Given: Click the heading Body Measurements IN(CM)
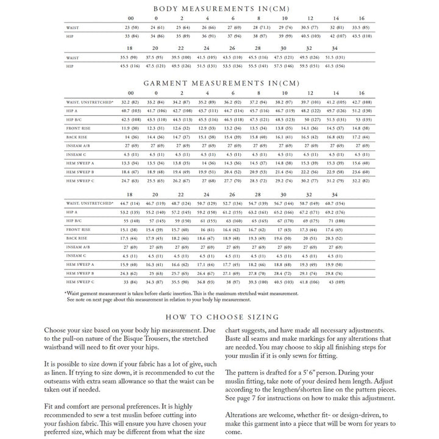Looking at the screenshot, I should pyautogui.click(x=221, y=9).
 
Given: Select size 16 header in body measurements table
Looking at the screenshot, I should pyautogui.click(x=362, y=19).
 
